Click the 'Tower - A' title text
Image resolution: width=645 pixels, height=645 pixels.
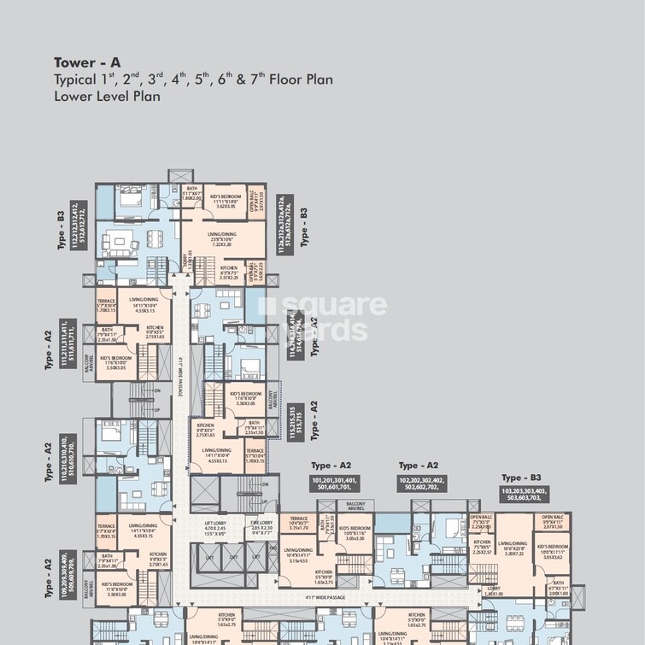(x=87, y=62)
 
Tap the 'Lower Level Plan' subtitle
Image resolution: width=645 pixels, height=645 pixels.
(x=107, y=97)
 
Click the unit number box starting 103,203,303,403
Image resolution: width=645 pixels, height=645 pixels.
(x=525, y=495)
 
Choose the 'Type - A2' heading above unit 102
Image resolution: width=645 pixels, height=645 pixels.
(x=421, y=466)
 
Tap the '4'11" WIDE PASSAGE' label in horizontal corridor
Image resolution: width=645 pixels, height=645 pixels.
(x=323, y=597)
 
